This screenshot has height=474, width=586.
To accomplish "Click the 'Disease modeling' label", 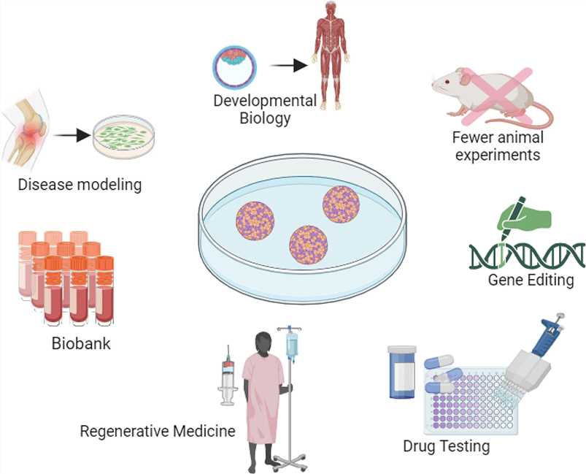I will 80,184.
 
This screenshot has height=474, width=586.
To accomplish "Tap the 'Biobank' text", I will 80,342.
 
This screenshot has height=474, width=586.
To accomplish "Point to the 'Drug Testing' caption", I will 446,445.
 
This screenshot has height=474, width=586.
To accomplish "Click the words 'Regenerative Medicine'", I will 158,431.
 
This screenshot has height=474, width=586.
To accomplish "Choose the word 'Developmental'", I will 265,100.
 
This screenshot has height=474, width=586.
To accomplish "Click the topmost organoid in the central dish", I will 342,204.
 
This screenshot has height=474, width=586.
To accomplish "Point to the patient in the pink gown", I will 261,394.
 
